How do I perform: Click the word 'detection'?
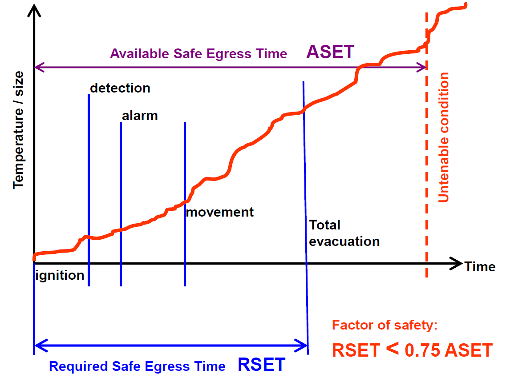coord(120,88)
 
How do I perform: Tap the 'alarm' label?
coord(140,116)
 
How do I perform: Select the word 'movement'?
coord(220,212)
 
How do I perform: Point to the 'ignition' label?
coord(60,276)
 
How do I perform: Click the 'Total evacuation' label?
coord(344,233)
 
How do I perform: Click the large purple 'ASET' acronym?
coord(330,52)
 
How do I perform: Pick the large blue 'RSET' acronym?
coord(261,365)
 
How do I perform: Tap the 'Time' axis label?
coord(480,267)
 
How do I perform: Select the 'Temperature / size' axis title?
coord(18,130)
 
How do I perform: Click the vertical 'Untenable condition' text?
coord(443,137)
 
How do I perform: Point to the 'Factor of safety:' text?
coord(385,325)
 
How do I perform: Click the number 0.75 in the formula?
coord(422,350)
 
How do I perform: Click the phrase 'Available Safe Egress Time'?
coord(198,54)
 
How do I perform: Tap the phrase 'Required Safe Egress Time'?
coord(137,366)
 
